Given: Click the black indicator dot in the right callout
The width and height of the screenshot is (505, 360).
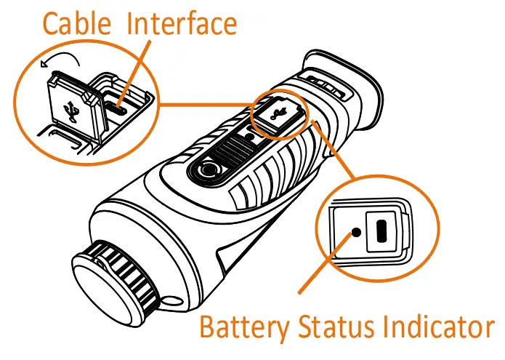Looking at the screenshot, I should (355, 233).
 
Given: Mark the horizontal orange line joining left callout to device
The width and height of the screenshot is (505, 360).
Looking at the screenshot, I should (203, 103).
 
